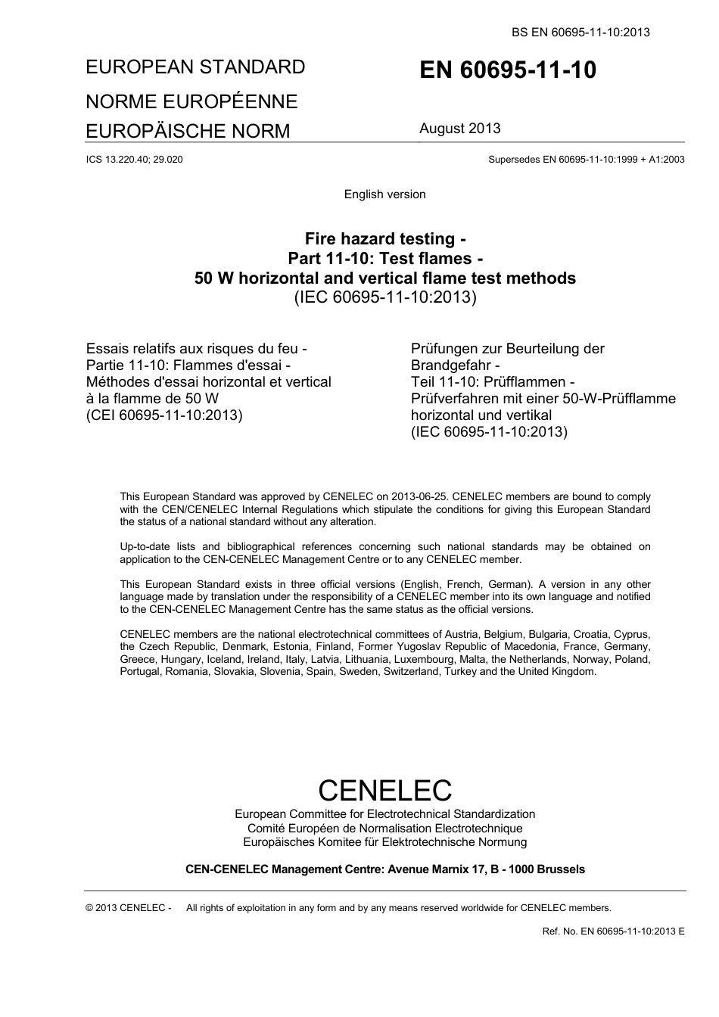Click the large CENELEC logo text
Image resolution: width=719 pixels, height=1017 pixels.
(384, 790)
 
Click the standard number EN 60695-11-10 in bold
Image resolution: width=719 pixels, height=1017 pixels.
(507, 70)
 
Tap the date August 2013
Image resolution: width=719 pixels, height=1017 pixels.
(459, 129)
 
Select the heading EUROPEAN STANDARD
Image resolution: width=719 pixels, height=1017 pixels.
(195, 67)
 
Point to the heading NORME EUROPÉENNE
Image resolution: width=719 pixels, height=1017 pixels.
(191, 101)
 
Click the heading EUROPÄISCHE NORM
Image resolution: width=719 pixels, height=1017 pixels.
(188, 131)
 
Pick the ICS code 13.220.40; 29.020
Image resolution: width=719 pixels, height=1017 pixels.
(135, 160)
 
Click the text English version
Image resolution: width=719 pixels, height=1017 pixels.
(384, 194)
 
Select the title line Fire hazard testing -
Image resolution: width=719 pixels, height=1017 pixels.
(384, 240)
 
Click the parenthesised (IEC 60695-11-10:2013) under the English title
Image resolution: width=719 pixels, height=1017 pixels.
(384, 297)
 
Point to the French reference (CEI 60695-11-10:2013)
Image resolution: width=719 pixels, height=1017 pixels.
(164, 415)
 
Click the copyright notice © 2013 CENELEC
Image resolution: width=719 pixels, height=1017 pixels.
(129, 908)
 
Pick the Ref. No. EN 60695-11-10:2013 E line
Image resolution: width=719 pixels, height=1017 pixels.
(613, 931)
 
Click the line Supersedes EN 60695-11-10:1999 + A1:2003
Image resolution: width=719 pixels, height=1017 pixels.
(586, 160)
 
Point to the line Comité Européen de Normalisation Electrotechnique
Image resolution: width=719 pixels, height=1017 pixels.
(384, 829)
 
